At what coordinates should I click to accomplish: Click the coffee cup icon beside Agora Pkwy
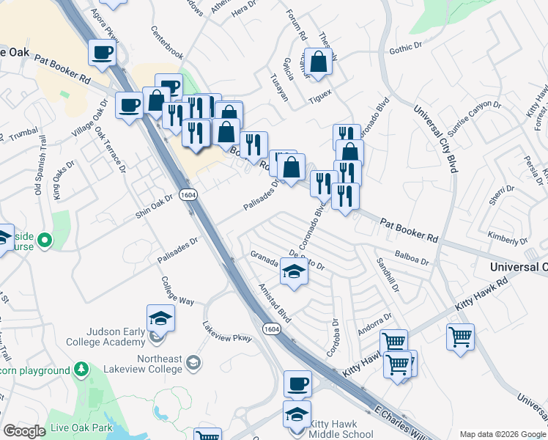click(x=101, y=53)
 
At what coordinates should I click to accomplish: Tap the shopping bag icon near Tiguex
click(x=319, y=62)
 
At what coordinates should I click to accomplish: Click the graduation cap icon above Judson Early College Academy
click(x=160, y=318)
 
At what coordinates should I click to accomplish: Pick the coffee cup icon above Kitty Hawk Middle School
click(x=297, y=384)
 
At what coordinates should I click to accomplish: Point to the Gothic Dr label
click(x=407, y=47)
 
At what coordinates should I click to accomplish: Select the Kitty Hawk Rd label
click(x=481, y=292)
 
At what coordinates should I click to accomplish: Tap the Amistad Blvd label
click(x=271, y=298)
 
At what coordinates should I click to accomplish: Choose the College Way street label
click(x=177, y=291)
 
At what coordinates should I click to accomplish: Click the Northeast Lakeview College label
click(x=147, y=363)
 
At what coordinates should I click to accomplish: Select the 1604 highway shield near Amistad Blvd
click(x=272, y=329)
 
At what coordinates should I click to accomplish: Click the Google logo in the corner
click(x=24, y=430)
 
